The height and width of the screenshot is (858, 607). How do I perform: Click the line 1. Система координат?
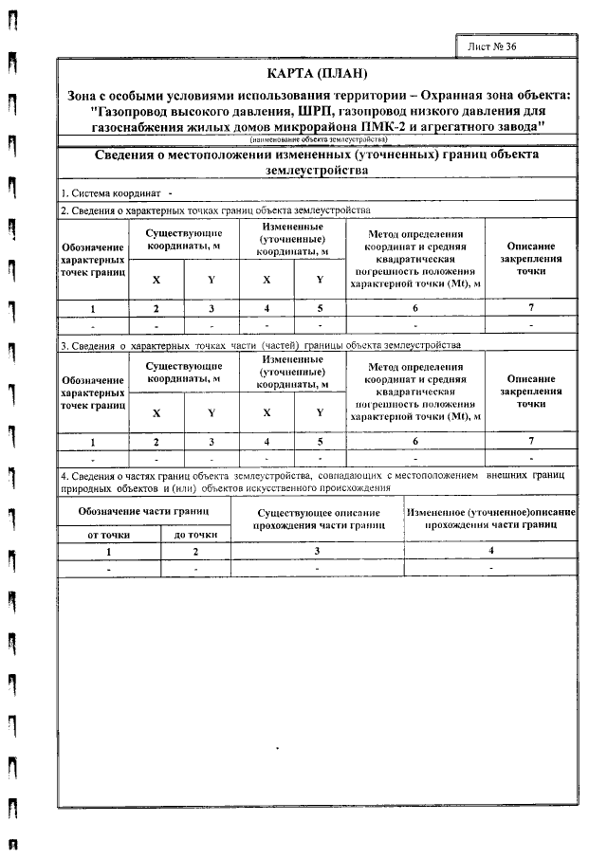(102, 193)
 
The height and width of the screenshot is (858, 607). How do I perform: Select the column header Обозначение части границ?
(142, 511)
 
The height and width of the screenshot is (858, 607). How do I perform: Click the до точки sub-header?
(195, 535)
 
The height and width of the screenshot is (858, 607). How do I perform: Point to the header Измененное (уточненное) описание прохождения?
(490, 517)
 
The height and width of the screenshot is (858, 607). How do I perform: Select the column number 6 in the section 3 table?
(414, 442)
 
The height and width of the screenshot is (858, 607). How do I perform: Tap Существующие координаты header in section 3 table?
(183, 372)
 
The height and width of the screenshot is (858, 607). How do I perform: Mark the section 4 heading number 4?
(63, 475)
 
